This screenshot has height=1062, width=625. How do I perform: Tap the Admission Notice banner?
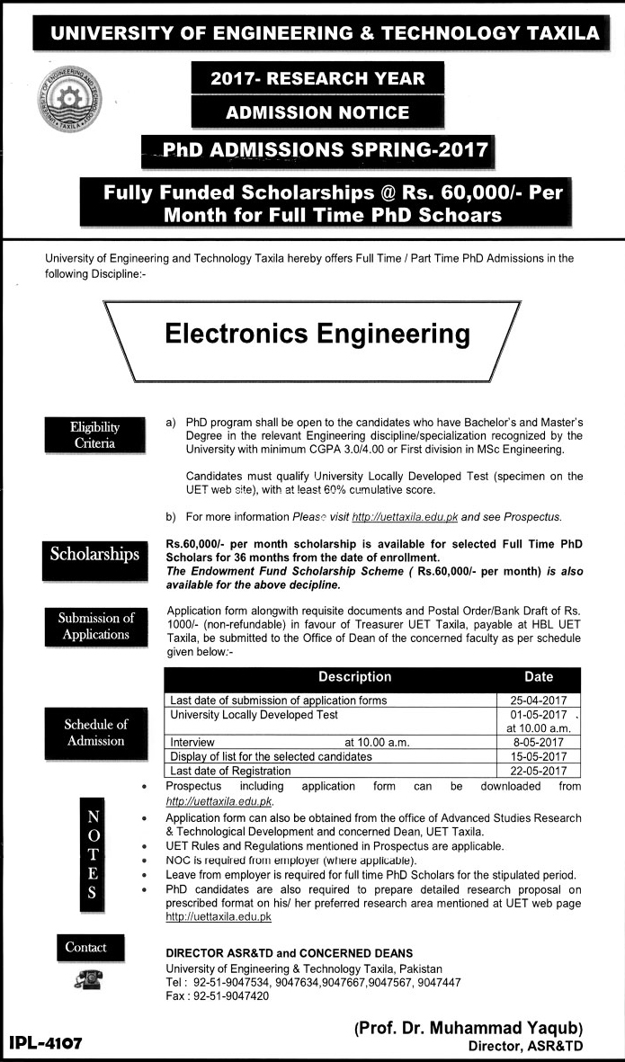318,112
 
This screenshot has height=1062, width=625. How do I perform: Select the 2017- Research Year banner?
318,78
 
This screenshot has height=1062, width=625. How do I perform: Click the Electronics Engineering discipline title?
317,335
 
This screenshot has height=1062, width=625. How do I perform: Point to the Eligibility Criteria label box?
95,435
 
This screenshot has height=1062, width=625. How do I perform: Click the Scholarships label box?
95,553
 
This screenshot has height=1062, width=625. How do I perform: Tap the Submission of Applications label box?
95,626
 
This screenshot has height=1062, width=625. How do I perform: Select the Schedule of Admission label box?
95,732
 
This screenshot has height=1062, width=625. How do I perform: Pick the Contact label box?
85,947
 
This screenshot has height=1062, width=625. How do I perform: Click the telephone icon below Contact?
87,983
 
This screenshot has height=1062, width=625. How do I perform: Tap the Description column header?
354,677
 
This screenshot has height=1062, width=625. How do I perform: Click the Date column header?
538,677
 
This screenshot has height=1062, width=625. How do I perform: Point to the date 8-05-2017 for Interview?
539,743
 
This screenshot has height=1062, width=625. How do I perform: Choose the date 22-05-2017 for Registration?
539,771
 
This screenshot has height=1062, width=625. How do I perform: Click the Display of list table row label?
271,757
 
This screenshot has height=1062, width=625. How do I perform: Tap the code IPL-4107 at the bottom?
46,1043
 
